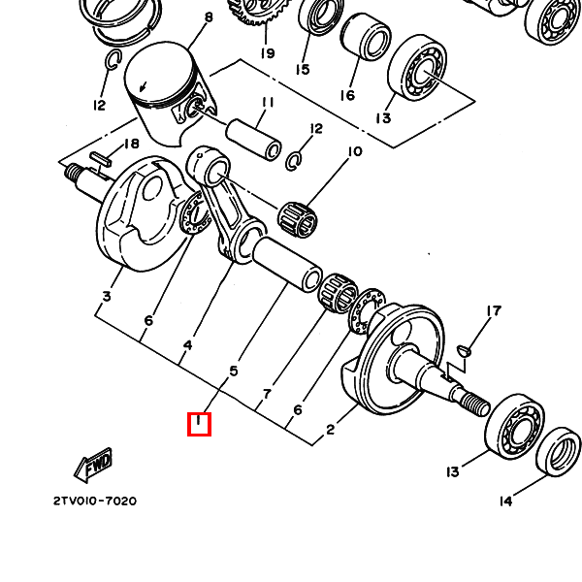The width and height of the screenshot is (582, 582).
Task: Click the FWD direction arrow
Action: click(93, 465)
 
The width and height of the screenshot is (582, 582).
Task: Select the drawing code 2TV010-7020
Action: click(95, 501)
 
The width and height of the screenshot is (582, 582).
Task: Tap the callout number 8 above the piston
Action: click(209, 17)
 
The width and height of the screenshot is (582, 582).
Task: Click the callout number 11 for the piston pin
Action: click(268, 102)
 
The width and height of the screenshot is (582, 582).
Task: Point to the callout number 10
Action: click(355, 151)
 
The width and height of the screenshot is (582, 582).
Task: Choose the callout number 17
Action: click(494, 310)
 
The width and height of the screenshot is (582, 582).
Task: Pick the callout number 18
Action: click(131, 144)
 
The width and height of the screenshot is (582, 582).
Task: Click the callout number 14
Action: click(506, 501)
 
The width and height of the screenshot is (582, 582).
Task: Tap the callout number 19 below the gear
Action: click(268, 53)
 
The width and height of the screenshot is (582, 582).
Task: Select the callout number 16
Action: click(347, 95)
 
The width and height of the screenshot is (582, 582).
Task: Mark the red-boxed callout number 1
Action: click(199, 424)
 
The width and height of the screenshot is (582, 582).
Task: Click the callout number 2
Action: click(331, 430)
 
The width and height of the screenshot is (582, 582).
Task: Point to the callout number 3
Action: click(107, 297)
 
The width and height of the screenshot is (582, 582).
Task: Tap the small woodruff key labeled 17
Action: click(465, 350)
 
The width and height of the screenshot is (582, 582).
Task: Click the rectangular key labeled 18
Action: click(100, 159)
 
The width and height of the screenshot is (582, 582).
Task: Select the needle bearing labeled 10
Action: click(299, 220)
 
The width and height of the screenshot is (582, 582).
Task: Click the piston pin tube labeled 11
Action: click(254, 139)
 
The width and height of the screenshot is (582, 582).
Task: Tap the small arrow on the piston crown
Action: click(143, 87)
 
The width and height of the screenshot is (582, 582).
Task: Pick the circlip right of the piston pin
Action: click(293, 160)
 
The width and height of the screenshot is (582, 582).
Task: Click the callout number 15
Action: click(303, 70)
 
